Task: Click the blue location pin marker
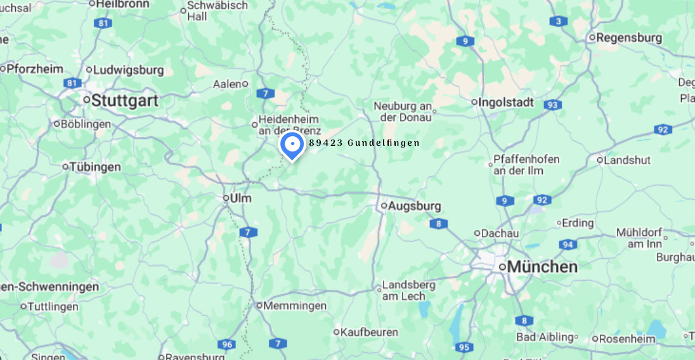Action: click(x=292, y=146)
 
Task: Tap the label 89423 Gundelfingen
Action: click(x=364, y=143)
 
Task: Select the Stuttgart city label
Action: click(x=124, y=101)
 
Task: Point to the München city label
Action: click(x=542, y=267)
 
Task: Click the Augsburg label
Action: click(x=414, y=206)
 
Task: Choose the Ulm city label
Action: click(x=240, y=198)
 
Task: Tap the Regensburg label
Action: click(x=629, y=38)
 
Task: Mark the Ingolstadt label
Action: click(x=506, y=102)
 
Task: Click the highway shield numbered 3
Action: click(x=558, y=22)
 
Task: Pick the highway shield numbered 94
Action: click(x=568, y=245)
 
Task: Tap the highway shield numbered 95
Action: click(x=464, y=347)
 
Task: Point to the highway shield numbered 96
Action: click(x=226, y=345)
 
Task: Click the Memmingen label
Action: click(x=295, y=305)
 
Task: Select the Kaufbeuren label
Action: click(x=369, y=332)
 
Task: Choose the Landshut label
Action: click(x=627, y=160)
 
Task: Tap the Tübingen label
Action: click(x=95, y=167)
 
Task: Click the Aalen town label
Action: click(x=227, y=84)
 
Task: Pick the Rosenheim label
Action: click(x=627, y=339)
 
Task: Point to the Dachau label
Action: click(x=500, y=233)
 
